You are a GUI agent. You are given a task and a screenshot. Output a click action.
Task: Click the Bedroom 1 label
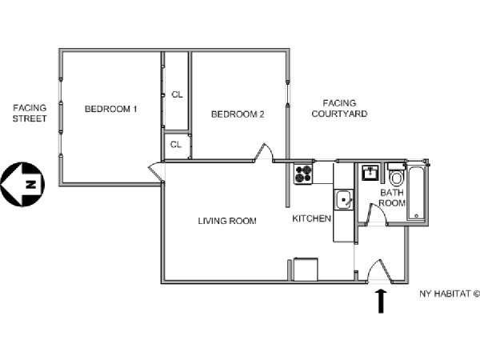111,109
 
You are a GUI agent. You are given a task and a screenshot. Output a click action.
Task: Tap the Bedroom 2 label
238,114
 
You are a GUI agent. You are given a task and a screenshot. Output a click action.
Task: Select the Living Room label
227,221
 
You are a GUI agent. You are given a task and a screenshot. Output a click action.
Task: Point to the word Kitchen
312,218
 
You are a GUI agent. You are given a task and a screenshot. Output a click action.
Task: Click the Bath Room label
392,198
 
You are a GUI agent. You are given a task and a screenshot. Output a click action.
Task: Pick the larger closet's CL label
177,94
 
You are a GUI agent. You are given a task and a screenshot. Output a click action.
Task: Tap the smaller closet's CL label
176,144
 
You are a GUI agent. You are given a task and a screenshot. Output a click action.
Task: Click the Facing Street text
30,113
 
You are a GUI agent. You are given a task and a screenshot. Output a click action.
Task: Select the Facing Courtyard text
339,108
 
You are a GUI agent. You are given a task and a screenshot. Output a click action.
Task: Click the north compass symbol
22,184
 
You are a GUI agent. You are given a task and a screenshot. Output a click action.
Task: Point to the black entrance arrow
381,302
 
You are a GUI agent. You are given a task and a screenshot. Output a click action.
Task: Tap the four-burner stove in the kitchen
303,174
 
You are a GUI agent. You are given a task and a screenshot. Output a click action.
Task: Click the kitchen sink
344,200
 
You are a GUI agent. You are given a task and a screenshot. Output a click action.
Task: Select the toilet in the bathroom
397,175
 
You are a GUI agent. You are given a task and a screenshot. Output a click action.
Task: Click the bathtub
417,193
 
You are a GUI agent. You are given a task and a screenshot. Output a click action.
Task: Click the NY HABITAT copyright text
450,294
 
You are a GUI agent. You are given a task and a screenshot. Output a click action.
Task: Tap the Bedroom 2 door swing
264,152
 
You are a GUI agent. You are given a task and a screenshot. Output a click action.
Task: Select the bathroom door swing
377,214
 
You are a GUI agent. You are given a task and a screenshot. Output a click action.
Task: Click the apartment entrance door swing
379,270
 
